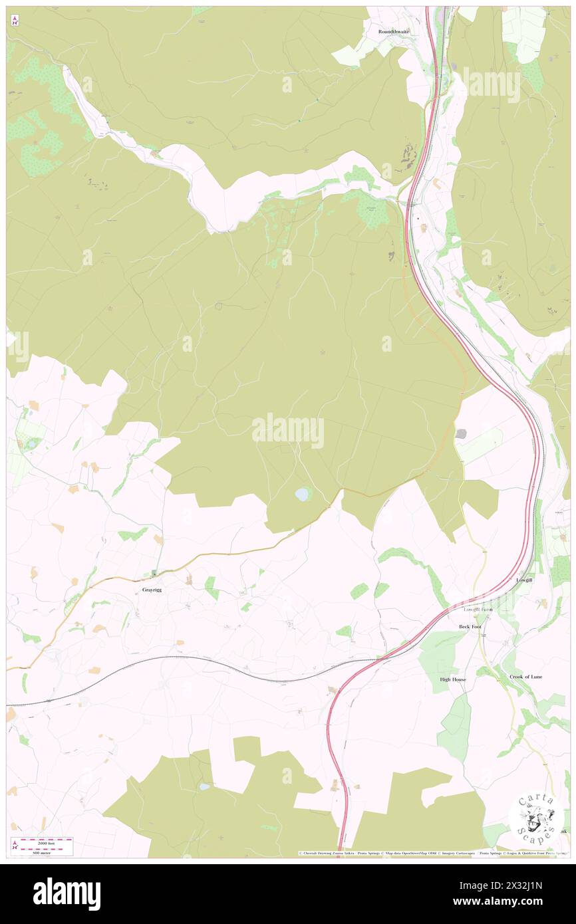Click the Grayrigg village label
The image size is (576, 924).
pyautogui.click(x=152, y=590)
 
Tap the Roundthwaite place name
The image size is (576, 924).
pyautogui.click(x=394, y=31)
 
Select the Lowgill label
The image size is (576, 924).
pyautogui.click(x=524, y=580)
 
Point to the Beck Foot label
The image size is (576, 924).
pyautogui.click(x=470, y=627)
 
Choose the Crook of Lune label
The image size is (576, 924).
pyautogui.click(x=525, y=677)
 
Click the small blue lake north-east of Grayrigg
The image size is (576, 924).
pyautogui.click(x=303, y=495)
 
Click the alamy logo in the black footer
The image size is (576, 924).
pyautogui.click(x=67, y=893)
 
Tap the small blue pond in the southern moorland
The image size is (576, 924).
pyautogui.click(x=204, y=786)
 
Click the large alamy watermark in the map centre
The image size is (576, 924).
pyautogui.click(x=288, y=431)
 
